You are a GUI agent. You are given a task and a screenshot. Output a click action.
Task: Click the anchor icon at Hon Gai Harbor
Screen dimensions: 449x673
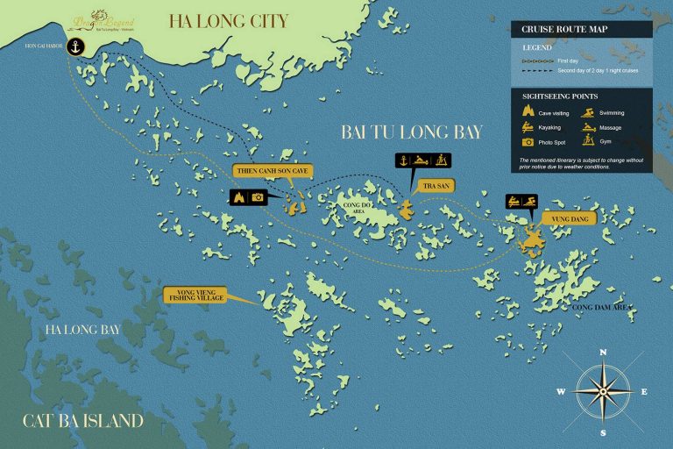pos(76,46)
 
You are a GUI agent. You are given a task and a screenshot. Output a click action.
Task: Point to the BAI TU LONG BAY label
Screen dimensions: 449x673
pos(412,132)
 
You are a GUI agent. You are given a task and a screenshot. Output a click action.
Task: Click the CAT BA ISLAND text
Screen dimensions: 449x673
pos(82,421)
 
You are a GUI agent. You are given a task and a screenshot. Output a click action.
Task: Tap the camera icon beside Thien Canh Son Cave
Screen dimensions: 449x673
pos(258,197)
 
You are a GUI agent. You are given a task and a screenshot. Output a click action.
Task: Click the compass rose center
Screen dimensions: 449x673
pos(602,391)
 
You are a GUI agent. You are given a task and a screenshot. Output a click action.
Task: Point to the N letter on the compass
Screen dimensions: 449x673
pos(602,352)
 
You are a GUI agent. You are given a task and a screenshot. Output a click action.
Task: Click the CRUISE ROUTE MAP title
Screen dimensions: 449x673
pos(564,29)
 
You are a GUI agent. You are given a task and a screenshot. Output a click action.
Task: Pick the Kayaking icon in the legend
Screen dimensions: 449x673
pos(528,127)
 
